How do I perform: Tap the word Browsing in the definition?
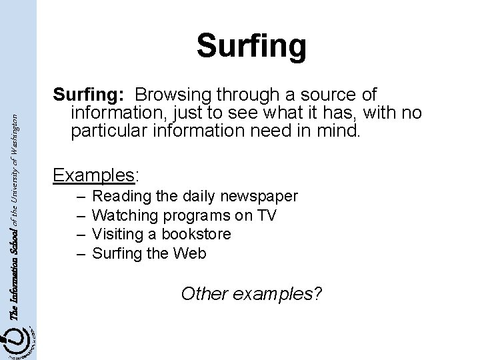tap(178, 96)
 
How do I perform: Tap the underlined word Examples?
tap(93, 175)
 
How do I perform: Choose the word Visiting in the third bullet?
tap(117, 235)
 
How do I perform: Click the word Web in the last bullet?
tap(191, 253)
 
